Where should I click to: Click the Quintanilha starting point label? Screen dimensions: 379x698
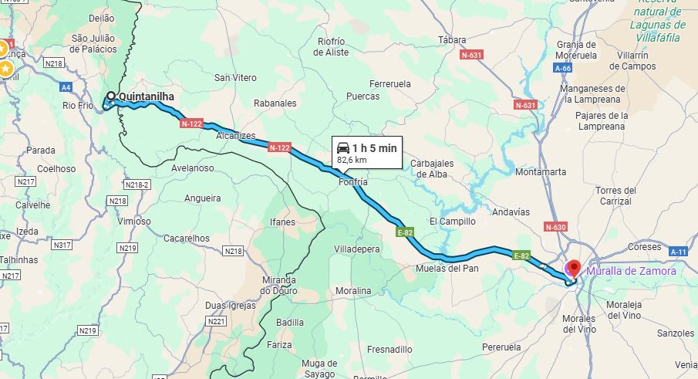pyautogui.click(x=147, y=96)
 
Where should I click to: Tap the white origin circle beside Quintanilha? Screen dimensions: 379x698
pyautogui.click(x=111, y=96)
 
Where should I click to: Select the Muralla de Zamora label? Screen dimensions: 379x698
pyautogui.click(x=631, y=271)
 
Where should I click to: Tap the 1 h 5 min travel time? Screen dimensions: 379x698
pyautogui.click(x=375, y=147)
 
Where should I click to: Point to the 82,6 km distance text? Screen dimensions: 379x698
pyautogui.click(x=352, y=160)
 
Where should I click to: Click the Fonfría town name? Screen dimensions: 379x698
pyautogui.click(x=353, y=182)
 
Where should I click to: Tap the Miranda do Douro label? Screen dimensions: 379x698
pyautogui.click(x=278, y=285)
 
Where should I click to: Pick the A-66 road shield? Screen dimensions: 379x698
pyautogui.click(x=562, y=69)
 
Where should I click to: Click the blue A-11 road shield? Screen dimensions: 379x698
pyautogui.click(x=678, y=252)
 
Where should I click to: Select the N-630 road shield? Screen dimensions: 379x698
pyautogui.click(x=555, y=227)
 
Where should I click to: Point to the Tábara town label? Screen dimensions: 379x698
pyautogui.click(x=452, y=39)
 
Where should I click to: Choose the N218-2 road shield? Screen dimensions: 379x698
pyautogui.click(x=136, y=185)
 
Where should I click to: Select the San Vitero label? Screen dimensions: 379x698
pyautogui.click(x=235, y=77)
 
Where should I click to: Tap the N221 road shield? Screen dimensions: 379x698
pyautogui.click(x=217, y=321)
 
